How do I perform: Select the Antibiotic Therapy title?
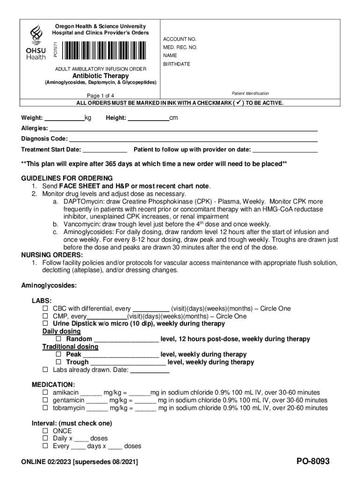(100, 76)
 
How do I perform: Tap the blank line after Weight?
(64, 118)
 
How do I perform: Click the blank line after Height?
(148, 118)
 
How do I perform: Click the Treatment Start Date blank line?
(105, 150)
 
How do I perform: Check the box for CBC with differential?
(45, 309)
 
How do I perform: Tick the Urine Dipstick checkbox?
(45, 324)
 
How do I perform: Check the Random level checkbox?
(59, 339)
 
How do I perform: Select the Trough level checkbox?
(59, 362)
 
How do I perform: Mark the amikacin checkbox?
(45, 393)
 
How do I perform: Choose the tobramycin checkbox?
(45, 408)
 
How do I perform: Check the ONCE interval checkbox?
(45, 431)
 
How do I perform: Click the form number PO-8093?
(313, 462)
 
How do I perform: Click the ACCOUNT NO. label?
(180, 39)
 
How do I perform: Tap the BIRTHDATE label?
(177, 64)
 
